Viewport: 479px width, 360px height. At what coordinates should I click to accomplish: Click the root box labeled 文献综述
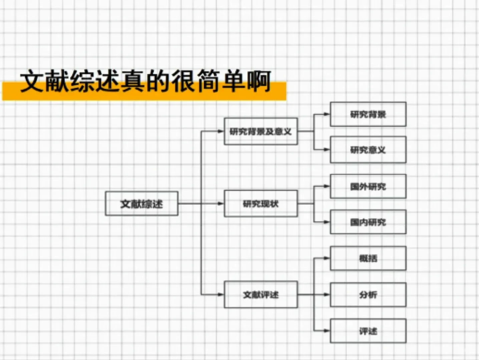tap(141, 203)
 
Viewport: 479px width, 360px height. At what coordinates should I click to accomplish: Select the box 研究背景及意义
tap(261, 131)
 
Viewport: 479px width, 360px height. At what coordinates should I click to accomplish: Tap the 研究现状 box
tap(261, 203)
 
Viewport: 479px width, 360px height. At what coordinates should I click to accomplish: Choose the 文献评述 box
tap(261, 294)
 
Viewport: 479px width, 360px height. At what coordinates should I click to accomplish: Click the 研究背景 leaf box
tap(368, 114)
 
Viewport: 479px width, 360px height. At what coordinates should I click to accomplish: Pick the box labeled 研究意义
tap(368, 150)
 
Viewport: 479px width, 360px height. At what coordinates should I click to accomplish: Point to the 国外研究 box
tap(368, 186)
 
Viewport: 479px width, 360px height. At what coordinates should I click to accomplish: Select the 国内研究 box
tap(368, 222)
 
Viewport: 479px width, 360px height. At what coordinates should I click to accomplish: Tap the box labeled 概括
tap(368, 258)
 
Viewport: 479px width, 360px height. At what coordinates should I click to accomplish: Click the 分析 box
tap(368, 295)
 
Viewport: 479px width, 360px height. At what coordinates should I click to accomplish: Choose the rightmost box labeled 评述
tap(368, 331)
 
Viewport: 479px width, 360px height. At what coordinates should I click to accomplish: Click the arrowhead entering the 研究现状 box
tap(220, 203)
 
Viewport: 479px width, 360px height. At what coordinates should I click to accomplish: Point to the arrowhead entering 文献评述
tap(220, 294)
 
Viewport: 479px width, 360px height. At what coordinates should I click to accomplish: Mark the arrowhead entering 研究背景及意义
tap(220, 131)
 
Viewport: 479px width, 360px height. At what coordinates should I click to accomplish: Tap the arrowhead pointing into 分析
tap(327, 295)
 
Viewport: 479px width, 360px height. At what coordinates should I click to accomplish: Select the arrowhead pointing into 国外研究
tap(327, 186)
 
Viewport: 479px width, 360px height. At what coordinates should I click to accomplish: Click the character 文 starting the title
tap(32, 81)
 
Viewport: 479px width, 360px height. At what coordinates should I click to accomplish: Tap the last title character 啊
tap(259, 81)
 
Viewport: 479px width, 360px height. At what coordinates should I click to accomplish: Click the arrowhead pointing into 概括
tap(327, 258)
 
